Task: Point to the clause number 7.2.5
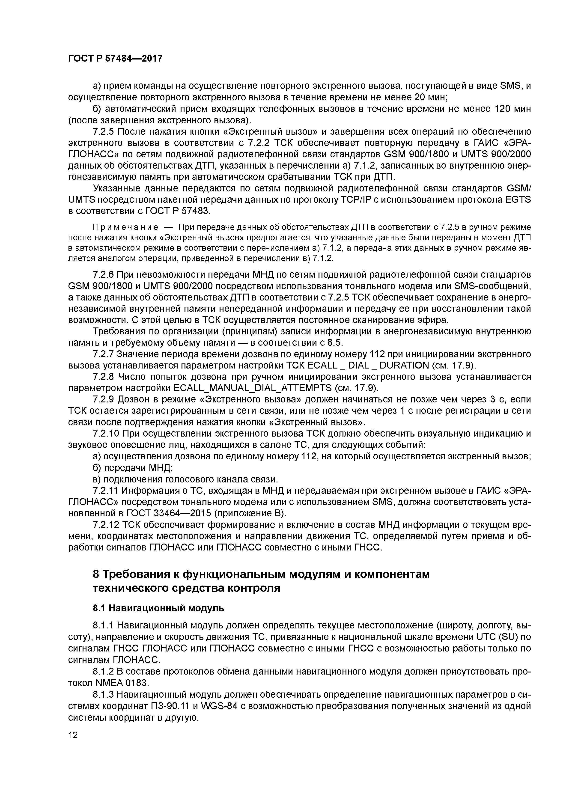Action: tap(104, 131)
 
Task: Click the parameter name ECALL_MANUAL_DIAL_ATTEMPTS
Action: tap(252, 388)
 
